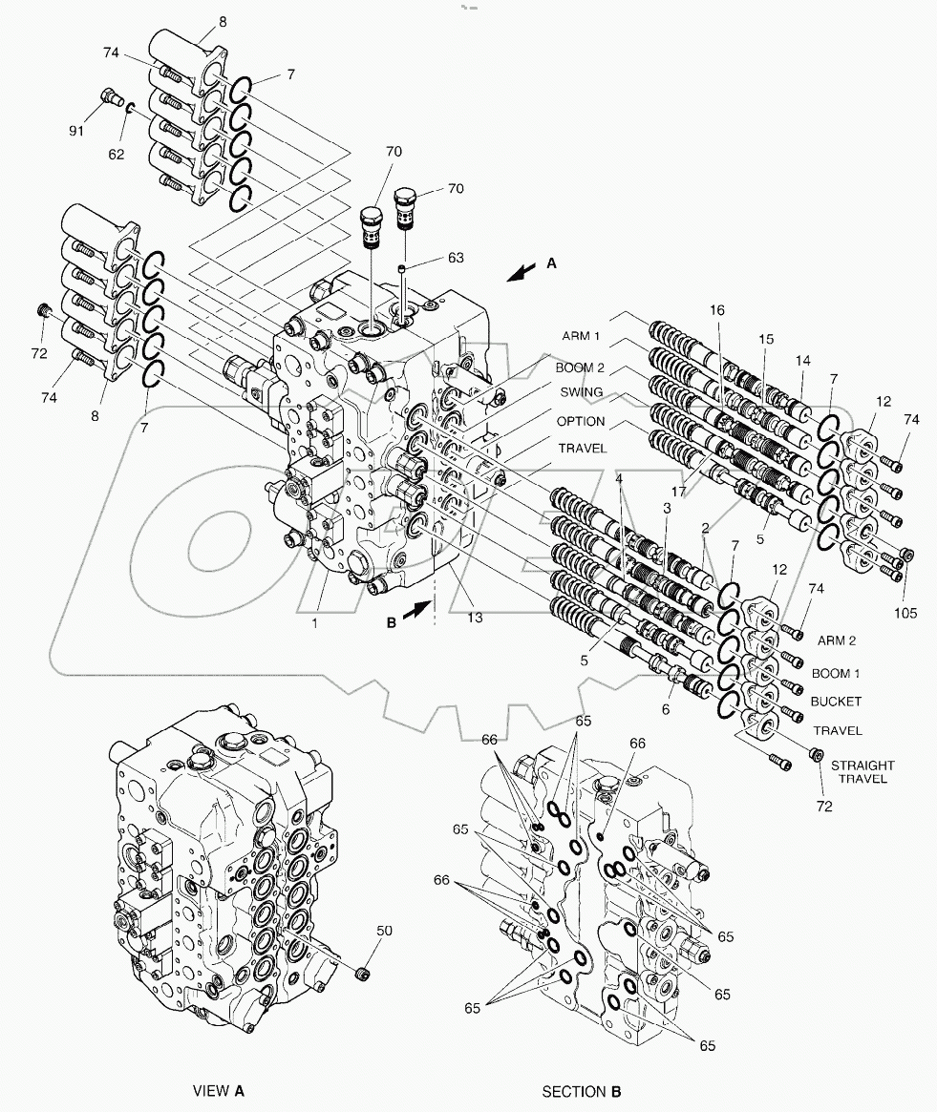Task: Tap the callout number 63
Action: click(x=456, y=257)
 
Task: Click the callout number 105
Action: click(x=907, y=614)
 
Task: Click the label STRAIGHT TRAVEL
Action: click(x=862, y=771)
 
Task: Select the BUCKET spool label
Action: click(x=836, y=702)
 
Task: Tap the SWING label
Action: click(x=581, y=392)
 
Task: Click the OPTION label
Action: click(x=581, y=421)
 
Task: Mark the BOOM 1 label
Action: click(x=836, y=673)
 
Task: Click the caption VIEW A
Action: click(x=218, y=1090)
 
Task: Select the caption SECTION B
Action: click(x=582, y=1090)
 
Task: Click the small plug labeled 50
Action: click(x=361, y=974)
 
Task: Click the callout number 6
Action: click(x=667, y=711)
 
